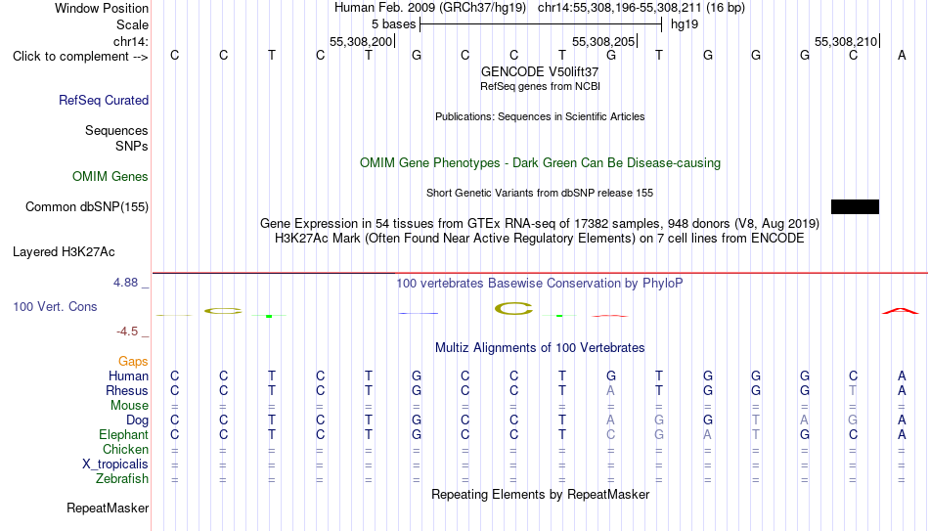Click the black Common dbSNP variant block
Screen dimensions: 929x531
coord(855,207)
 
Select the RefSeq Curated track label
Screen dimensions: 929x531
coord(104,100)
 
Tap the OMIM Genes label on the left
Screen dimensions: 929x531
coord(111,177)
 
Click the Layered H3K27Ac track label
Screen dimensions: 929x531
coord(64,252)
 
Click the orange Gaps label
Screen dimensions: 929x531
coord(133,362)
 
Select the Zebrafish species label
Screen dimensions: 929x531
coord(122,479)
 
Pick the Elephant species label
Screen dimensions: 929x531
coord(124,435)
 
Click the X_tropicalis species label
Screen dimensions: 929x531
coord(115,465)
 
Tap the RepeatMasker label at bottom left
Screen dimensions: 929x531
coord(108,509)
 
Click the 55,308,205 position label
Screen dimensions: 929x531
coord(603,41)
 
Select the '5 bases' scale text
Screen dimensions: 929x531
coord(393,24)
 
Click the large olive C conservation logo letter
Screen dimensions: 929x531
coord(513,309)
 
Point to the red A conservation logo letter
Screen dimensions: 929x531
coord(901,311)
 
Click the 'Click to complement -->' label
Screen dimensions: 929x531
coord(80,57)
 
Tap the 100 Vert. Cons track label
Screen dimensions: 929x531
coord(55,307)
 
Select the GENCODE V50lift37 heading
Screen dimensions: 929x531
coord(540,71)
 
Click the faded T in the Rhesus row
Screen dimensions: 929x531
coord(853,390)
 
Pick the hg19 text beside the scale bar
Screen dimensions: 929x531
coord(685,24)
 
